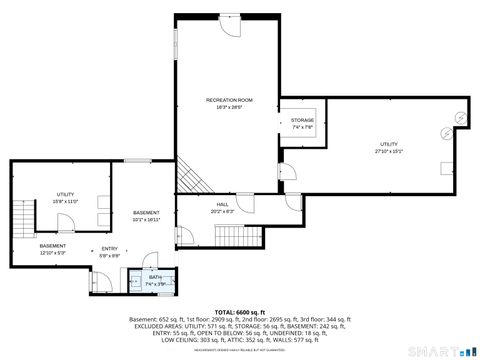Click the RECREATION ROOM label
click(229, 100)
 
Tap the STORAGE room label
click(302, 120)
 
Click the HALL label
click(222, 205)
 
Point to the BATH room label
click(156, 277)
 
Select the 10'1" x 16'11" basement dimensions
click(146, 219)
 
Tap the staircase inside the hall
click(229, 233)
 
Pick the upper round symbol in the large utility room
click(462, 116)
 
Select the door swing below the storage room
click(288, 171)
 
